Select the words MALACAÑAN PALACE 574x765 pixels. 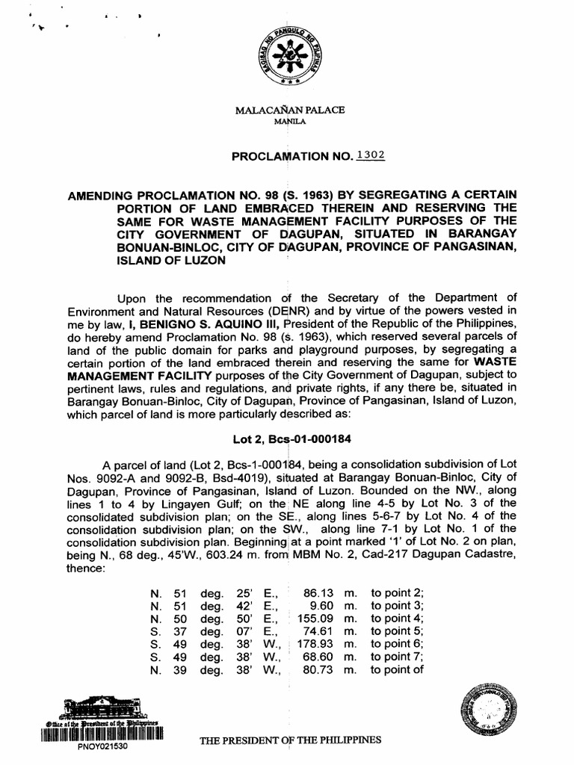(290, 110)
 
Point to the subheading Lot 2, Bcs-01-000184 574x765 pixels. (288, 439)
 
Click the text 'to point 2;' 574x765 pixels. (397, 592)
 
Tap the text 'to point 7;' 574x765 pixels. (397, 657)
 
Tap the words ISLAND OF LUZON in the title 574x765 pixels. (167, 261)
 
